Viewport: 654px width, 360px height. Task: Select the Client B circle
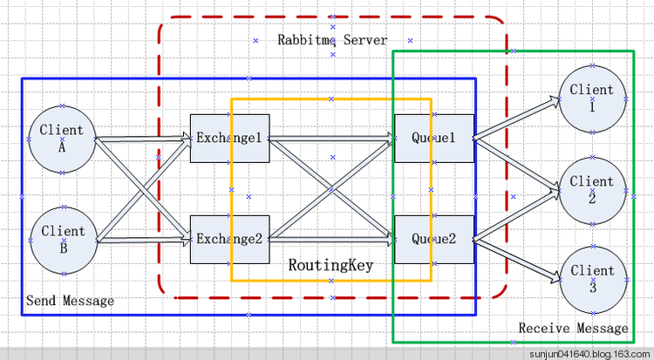pos(62,239)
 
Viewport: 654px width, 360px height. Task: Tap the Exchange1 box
pos(229,138)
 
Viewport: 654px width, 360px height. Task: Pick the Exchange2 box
pos(229,239)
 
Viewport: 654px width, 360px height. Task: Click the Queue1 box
pos(433,138)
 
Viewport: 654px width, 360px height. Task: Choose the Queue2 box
pos(433,239)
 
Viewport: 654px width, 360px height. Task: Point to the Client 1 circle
pos(591,97)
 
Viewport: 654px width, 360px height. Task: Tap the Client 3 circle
pos(591,278)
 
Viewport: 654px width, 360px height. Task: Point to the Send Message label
pos(70,301)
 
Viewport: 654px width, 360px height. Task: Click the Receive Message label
pos(573,329)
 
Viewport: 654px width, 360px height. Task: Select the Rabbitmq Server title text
pos(332,40)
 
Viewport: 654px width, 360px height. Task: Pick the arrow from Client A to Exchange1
pos(140,138)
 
